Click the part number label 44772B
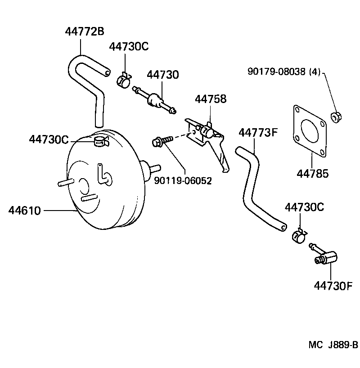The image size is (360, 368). tap(85, 31)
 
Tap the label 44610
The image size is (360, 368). tap(24, 210)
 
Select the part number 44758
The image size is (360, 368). tap(210, 99)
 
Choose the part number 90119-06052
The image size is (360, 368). tap(183, 180)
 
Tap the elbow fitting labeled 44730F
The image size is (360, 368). tap(325, 257)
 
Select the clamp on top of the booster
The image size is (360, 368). tap(100, 143)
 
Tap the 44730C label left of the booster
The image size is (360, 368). tap(49, 140)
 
